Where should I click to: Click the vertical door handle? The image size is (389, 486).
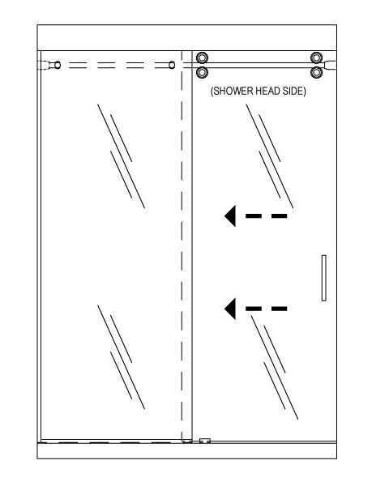coord(324,278)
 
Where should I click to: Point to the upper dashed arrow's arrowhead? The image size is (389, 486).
coord(231,215)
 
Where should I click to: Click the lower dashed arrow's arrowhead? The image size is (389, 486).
coord(231,309)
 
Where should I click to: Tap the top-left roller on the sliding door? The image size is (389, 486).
coord(202,58)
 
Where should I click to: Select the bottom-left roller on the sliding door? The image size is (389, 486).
coord(202,73)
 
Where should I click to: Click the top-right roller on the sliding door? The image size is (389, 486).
coord(316,58)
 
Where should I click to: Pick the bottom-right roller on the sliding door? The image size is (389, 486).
coord(316,73)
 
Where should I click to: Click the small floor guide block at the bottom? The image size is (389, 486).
coord(205,441)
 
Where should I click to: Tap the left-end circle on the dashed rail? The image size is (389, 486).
coord(58,65)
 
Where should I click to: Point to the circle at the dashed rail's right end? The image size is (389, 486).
coord(172,65)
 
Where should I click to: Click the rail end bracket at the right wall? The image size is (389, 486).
coord(330,65)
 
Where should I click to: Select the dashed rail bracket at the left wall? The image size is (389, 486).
coord(45,65)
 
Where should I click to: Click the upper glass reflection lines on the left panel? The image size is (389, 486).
coord(122,156)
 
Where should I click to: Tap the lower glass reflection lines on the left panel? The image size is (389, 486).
coord(122,357)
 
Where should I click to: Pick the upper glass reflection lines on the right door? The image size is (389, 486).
coord(270,156)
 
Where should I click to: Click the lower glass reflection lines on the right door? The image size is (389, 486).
coord(275,367)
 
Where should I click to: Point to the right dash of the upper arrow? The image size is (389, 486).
coord(279,215)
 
